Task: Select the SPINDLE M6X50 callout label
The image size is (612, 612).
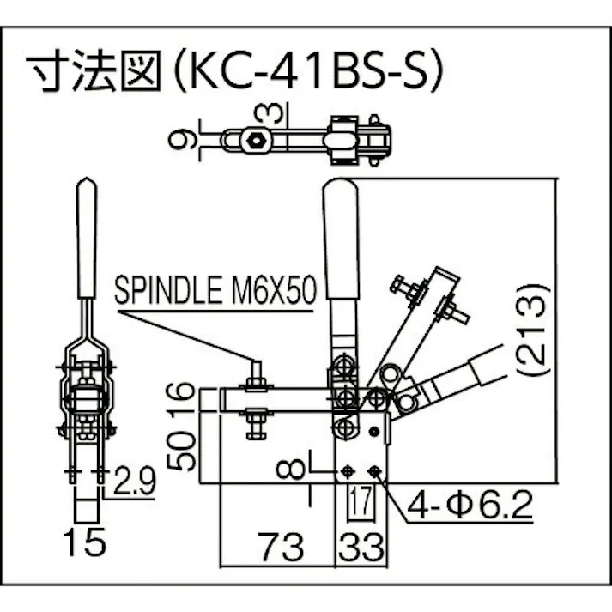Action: coord(215,290)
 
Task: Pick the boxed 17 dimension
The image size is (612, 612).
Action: coord(360,500)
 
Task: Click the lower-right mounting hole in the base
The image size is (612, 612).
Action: coord(374,472)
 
